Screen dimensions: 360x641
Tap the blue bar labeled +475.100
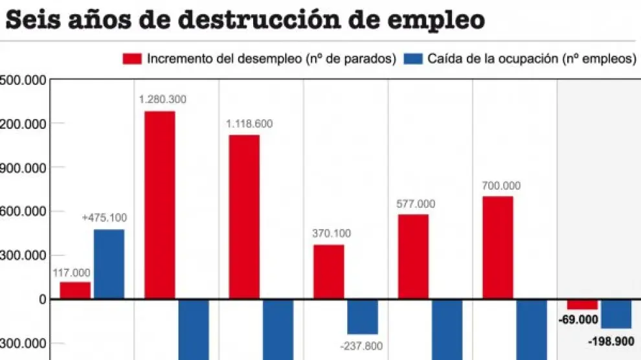tap(109, 264)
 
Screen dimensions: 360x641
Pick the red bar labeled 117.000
tap(75, 290)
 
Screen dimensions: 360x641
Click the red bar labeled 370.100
tap(329, 271)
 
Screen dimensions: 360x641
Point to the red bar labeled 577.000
tap(413, 256)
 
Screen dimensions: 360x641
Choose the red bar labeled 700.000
tap(497, 247)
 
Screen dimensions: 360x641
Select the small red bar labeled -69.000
tap(582, 304)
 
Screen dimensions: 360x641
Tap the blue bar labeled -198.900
tap(616, 314)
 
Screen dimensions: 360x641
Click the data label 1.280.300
tap(163, 100)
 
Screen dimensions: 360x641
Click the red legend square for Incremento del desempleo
tap(132, 59)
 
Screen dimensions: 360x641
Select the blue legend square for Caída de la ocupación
tap(412, 59)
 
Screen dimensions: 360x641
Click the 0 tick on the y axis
tap(42, 299)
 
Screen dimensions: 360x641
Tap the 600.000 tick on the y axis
tap(23, 211)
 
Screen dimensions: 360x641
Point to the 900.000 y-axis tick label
tap(23, 167)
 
